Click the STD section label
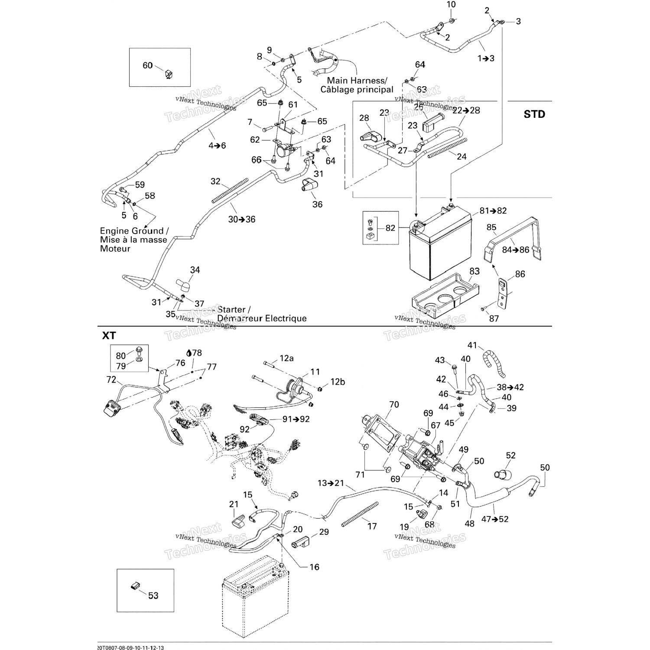click(534, 114)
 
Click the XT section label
click(109, 335)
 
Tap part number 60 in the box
click(148, 65)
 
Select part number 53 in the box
click(153, 595)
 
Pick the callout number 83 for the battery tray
click(474, 271)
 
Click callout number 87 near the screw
click(494, 318)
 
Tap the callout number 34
click(195, 270)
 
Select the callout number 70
click(394, 404)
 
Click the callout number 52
click(511, 455)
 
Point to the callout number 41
click(472, 345)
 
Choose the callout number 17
click(372, 526)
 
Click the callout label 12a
click(286, 358)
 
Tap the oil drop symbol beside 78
click(189, 353)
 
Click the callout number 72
click(111, 380)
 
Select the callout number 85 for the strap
click(491, 227)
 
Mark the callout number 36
click(317, 204)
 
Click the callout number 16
click(314, 567)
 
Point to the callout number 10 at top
click(451, 5)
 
